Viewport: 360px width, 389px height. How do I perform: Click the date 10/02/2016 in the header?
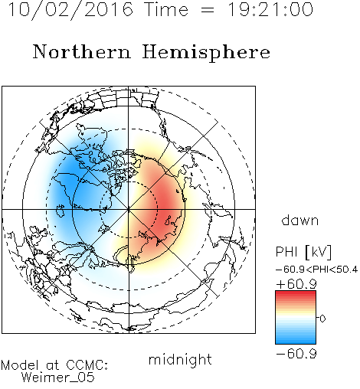pos(70,10)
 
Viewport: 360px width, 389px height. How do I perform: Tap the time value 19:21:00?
pos(270,9)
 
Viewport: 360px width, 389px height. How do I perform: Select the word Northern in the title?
pos(82,52)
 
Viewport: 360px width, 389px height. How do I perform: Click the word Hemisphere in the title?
pos(206,53)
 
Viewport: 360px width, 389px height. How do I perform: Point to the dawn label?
pos(300,220)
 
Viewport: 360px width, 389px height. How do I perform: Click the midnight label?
pos(180,359)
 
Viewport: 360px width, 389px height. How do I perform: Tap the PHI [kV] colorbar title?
pos(303,252)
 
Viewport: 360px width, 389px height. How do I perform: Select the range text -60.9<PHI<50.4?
pos(316,270)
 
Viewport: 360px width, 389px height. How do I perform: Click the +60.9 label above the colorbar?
pos(296,284)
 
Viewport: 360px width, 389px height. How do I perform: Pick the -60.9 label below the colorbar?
pos(296,354)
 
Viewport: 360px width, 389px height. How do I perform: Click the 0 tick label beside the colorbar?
pos(322,319)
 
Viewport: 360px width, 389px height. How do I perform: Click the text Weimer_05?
pos(58,378)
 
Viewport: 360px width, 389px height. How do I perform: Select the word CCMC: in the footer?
pos(87,365)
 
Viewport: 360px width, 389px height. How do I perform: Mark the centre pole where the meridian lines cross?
pos(129,209)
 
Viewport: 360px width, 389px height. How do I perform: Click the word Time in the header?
pos(166,10)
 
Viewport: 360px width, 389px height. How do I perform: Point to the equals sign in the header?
pos(208,10)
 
